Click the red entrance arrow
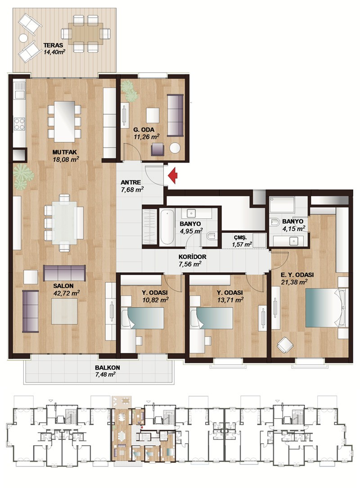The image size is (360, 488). (173, 176)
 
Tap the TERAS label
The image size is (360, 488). (53, 45)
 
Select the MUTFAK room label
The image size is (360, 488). (65, 152)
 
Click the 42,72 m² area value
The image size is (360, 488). (67, 293)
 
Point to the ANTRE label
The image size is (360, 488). (130, 182)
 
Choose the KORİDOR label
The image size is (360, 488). (192, 257)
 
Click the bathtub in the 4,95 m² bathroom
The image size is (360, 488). (167, 227)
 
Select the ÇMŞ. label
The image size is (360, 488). (240, 238)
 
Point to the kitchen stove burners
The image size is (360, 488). (19, 123)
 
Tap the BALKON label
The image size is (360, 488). (108, 367)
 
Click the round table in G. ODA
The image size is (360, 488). (175, 148)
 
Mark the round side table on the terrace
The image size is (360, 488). (23, 38)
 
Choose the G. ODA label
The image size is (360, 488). (144, 130)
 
